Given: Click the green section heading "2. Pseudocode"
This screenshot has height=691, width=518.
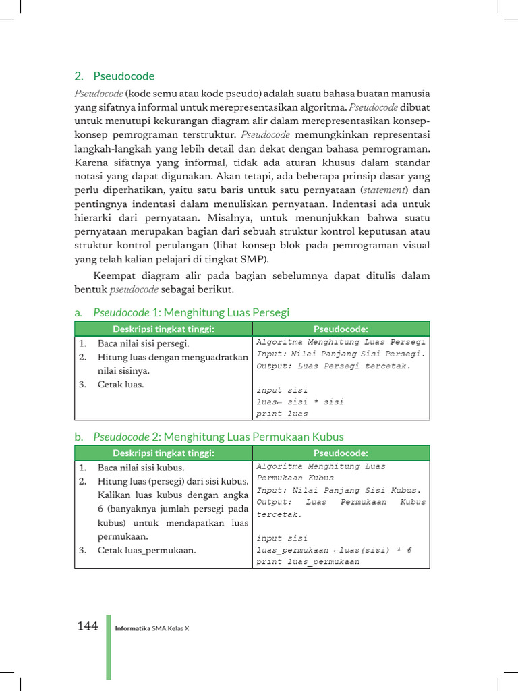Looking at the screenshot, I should [x=114, y=76].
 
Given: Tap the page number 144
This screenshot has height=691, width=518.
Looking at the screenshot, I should [x=88, y=626].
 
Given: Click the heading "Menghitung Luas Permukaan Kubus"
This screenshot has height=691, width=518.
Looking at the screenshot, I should [x=253, y=437].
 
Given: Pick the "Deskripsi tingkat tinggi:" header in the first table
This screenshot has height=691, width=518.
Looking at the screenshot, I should [x=163, y=329].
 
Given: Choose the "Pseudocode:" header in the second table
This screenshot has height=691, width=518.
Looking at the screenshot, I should [x=341, y=453].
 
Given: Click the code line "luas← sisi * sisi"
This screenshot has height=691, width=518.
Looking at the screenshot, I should [x=300, y=402].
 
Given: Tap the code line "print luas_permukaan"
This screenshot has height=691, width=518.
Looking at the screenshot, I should [x=308, y=561].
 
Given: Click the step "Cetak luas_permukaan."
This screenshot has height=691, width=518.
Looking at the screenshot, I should [x=146, y=550].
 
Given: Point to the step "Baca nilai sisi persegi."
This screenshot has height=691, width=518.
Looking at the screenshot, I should [x=143, y=343].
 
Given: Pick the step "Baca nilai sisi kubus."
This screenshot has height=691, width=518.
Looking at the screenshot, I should [x=140, y=467].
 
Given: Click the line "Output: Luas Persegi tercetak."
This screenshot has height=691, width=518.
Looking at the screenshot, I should [x=333, y=366].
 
